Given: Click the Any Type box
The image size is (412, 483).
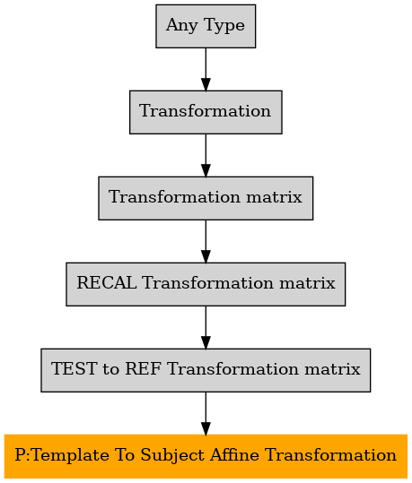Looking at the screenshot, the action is point(206,26).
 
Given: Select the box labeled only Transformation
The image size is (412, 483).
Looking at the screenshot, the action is point(206,112).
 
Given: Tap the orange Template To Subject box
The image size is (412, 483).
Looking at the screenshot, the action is point(206,456).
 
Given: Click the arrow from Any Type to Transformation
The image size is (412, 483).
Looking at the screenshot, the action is point(206,69).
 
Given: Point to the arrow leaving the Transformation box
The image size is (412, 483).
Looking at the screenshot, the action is point(206,155).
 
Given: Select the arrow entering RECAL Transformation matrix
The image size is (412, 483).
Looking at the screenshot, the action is point(206,242).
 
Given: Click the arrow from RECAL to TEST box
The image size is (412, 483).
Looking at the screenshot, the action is point(206,327).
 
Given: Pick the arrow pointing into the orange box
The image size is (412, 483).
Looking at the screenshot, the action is point(206,413).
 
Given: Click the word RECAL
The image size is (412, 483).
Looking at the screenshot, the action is point(107,283).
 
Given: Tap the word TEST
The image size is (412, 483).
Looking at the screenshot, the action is point(74,368).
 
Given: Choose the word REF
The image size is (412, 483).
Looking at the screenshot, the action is point(143,368).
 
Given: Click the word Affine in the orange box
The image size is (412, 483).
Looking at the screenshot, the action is point(234,454).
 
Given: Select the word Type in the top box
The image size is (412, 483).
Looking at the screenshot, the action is point(224,26).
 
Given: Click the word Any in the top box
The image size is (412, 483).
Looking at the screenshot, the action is point(182,26).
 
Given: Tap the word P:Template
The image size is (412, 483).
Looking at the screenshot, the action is point(62,456).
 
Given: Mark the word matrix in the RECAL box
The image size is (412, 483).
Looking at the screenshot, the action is point(307,283).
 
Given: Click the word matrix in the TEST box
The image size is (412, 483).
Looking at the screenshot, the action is point(332,368).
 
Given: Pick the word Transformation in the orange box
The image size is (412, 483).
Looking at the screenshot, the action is point(330,454).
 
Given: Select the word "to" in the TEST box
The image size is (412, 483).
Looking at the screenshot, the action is point(110,369).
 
